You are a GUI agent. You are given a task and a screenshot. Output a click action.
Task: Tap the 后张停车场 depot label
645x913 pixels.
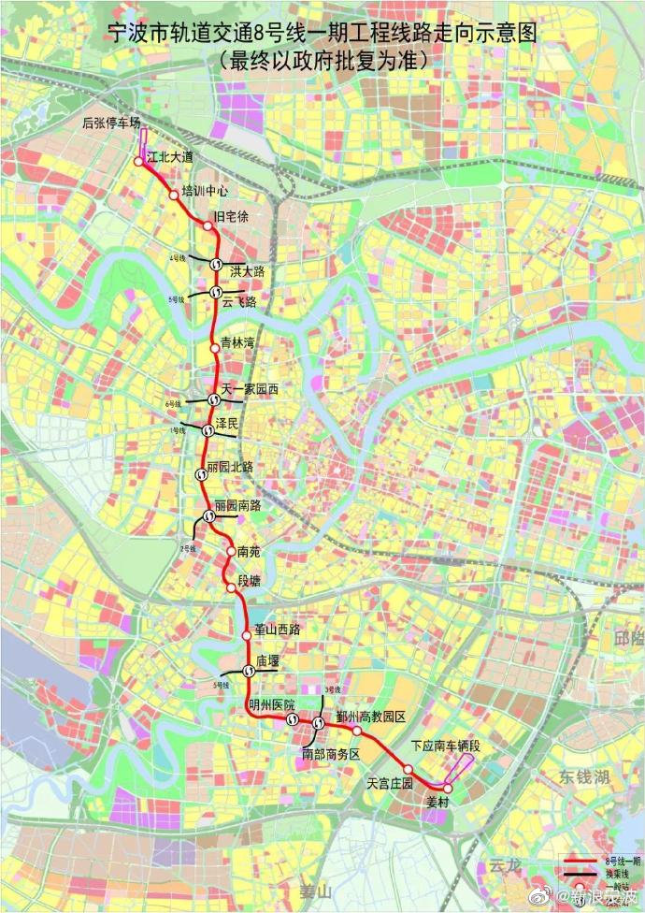coord(111,123)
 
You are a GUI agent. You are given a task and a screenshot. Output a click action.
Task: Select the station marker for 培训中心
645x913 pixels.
coord(173,196)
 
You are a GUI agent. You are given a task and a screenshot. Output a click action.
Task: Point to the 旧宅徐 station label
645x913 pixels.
coord(232,217)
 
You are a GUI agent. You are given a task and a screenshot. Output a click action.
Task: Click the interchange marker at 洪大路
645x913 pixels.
coord(215,264)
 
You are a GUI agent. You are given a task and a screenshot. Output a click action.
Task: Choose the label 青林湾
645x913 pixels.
coord(237,343)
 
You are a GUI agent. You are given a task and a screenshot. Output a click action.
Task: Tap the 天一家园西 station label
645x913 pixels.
coord(250,388)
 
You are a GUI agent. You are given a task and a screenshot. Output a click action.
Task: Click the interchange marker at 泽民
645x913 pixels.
coord(207,430)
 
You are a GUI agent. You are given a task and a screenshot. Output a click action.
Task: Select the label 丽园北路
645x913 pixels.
coord(230,466)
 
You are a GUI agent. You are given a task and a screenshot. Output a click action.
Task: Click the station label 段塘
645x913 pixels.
coord(250,581)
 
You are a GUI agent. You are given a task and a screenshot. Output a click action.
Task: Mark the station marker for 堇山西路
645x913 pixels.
coord(247,635)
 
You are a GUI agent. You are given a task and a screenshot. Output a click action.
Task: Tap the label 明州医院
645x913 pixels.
coord(271,703)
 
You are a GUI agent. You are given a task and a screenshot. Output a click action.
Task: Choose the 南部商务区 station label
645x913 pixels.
coord(330,753)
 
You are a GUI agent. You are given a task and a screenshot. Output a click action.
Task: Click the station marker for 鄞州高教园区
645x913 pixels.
coord(356,730)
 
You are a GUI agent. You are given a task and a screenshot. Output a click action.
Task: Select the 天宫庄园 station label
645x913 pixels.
coord(390,782)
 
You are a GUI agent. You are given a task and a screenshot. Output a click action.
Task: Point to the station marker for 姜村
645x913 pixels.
coord(448,789)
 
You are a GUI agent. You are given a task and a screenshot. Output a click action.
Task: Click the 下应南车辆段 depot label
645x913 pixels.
coord(445,746)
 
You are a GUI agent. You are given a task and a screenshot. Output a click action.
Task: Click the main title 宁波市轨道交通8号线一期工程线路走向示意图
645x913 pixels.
coord(322,36)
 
